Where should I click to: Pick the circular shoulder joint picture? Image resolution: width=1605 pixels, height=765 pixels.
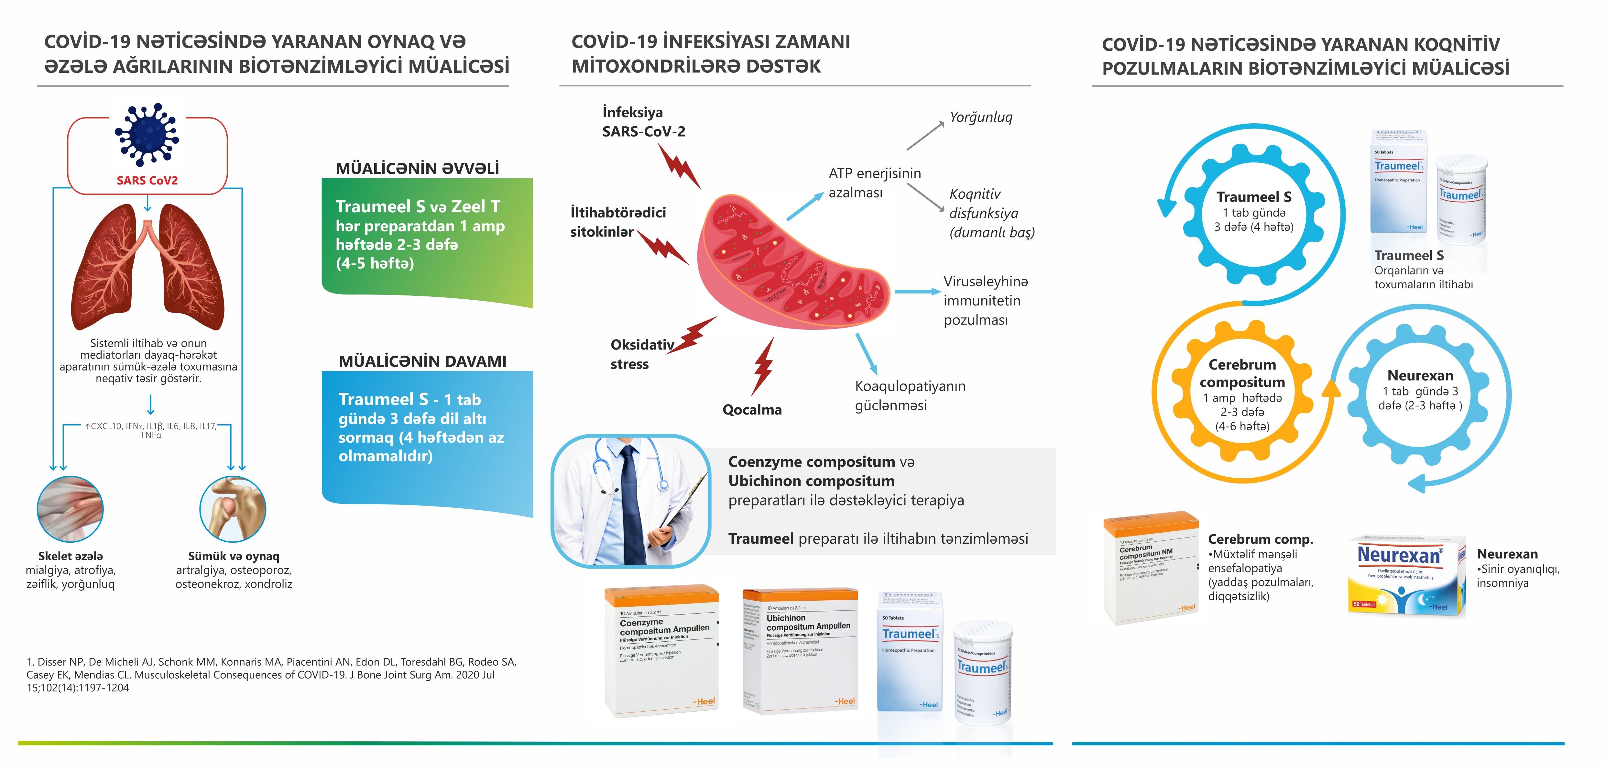[232, 509]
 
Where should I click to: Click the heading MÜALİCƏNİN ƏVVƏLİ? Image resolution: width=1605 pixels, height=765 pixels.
[418, 168]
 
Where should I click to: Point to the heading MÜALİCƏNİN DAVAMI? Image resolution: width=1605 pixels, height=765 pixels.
[422, 361]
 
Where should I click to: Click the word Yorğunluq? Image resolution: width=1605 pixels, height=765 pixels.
[981, 117]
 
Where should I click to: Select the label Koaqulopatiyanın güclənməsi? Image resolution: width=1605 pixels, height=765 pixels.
[910, 395]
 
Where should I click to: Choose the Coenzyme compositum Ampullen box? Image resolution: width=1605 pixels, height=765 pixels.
[662, 651]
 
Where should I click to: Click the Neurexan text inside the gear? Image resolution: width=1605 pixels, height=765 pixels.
[1420, 375]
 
